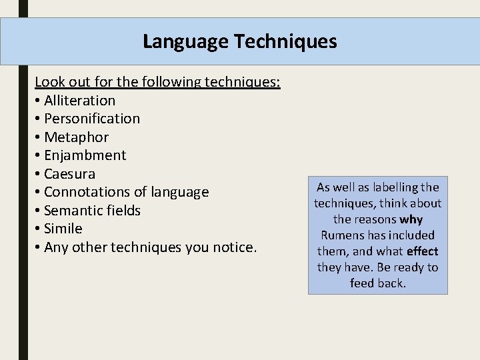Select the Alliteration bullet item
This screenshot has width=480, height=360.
[79, 101]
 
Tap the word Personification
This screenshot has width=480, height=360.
[92, 119]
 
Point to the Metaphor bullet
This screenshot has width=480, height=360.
[76, 137]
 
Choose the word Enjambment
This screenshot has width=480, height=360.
[85, 155]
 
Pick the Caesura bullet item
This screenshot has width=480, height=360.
[69, 174]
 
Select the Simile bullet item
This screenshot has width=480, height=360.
[63, 229]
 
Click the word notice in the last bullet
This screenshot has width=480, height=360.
[233, 247]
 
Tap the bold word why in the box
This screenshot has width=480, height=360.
[411, 219]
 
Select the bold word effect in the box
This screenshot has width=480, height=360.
[423, 251]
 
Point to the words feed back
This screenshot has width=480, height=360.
[377, 283]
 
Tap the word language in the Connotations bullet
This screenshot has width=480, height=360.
[180, 192]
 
